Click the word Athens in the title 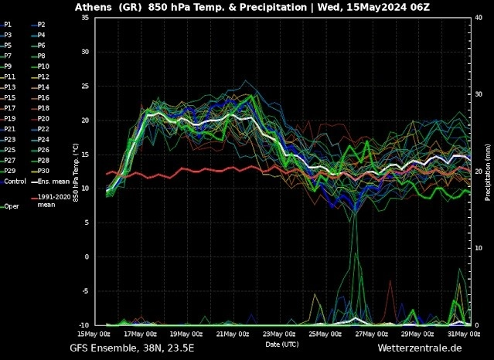click(x=94, y=7)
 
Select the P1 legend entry click(x=8, y=25)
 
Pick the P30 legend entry click(x=43, y=171)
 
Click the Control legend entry click(x=15, y=181)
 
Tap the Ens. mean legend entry click(x=50, y=181)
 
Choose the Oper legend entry click(x=12, y=206)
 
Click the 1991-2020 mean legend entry click(x=50, y=201)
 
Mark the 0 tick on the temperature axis click(x=86, y=256)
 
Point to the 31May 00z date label click(x=464, y=334)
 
